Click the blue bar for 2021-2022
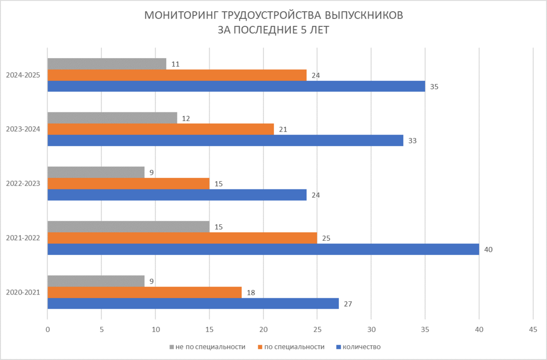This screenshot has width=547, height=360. pos(263,249)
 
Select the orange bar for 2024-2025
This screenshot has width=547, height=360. pos(177,75)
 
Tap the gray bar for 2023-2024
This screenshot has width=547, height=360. pos(112,118)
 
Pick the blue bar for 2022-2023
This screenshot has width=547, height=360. pos(177,195)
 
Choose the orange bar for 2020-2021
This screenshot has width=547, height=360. pos(144,292)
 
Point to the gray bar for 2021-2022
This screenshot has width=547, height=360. pos(128,226)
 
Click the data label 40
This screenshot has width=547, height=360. pos(488,249)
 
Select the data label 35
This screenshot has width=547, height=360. pos(434,87)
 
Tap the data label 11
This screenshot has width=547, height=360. pos(175,64)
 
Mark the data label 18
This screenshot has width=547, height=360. pos(251,292)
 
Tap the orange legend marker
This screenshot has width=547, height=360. pos(261,347)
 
